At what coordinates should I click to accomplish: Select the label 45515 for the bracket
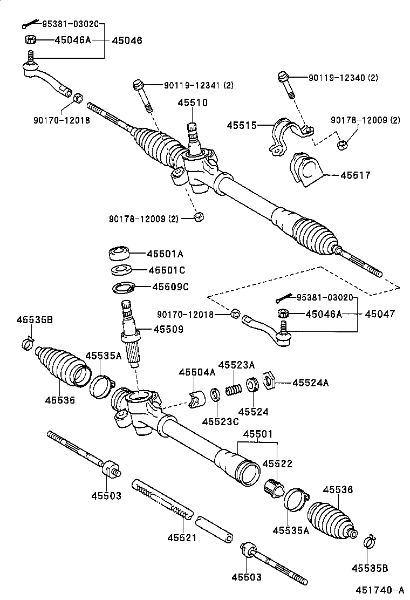(241, 125)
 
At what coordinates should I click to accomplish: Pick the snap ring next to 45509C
(124, 288)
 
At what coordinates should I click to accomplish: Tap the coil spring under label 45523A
(233, 388)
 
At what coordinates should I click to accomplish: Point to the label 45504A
(197, 372)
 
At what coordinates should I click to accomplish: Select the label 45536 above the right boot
(338, 490)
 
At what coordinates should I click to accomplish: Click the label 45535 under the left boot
(59, 400)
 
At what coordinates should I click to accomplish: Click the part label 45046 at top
(127, 40)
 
